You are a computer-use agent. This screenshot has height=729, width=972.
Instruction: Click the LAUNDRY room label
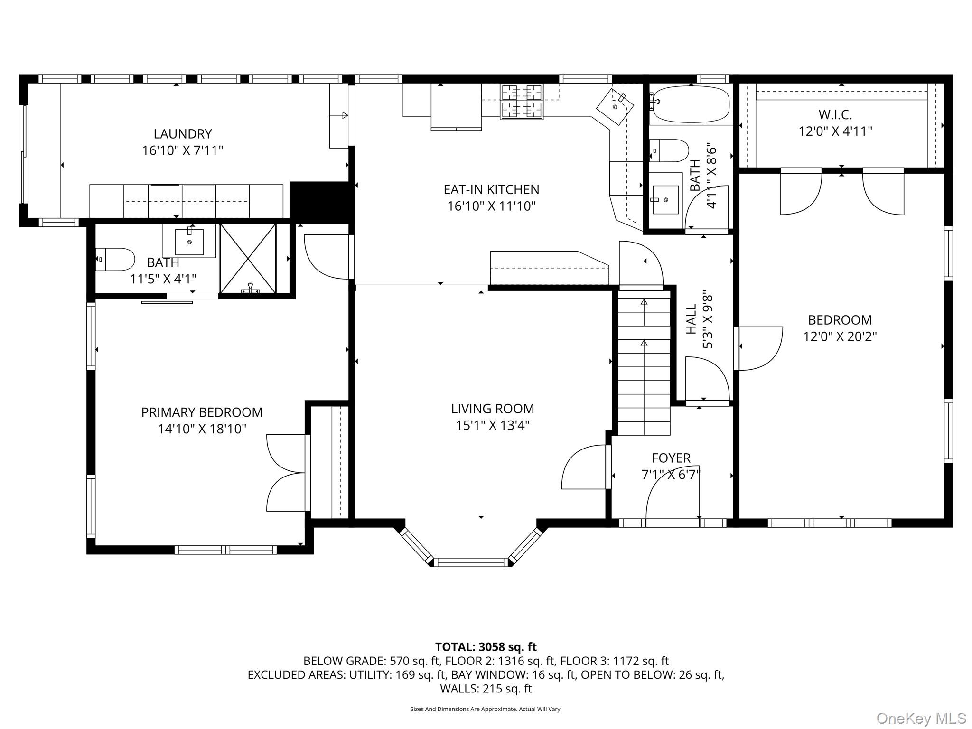tap(182, 134)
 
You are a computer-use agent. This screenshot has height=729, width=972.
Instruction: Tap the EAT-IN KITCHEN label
tap(491, 189)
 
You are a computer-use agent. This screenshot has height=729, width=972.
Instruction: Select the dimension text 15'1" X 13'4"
tap(492, 425)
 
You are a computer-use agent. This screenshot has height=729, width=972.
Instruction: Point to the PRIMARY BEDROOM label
tap(202, 412)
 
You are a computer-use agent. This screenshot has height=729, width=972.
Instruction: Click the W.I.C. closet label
tap(835, 114)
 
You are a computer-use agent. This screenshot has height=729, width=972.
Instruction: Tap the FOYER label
tap(671, 458)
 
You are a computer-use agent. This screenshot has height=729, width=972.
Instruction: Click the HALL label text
tap(692, 319)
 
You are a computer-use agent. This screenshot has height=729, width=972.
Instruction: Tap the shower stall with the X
tap(248, 258)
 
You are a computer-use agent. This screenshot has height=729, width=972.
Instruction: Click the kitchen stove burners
tap(522, 101)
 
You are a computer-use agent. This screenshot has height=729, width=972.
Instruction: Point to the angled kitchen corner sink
tap(615, 107)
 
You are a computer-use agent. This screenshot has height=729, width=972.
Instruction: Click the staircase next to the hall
tap(644, 363)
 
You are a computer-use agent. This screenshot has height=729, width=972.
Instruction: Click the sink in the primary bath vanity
tap(189, 242)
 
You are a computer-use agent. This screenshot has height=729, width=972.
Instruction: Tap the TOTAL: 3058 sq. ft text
tap(486, 647)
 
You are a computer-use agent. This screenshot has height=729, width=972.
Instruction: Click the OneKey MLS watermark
tap(921, 718)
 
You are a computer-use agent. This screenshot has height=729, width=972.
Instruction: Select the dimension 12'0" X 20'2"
tap(840, 336)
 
